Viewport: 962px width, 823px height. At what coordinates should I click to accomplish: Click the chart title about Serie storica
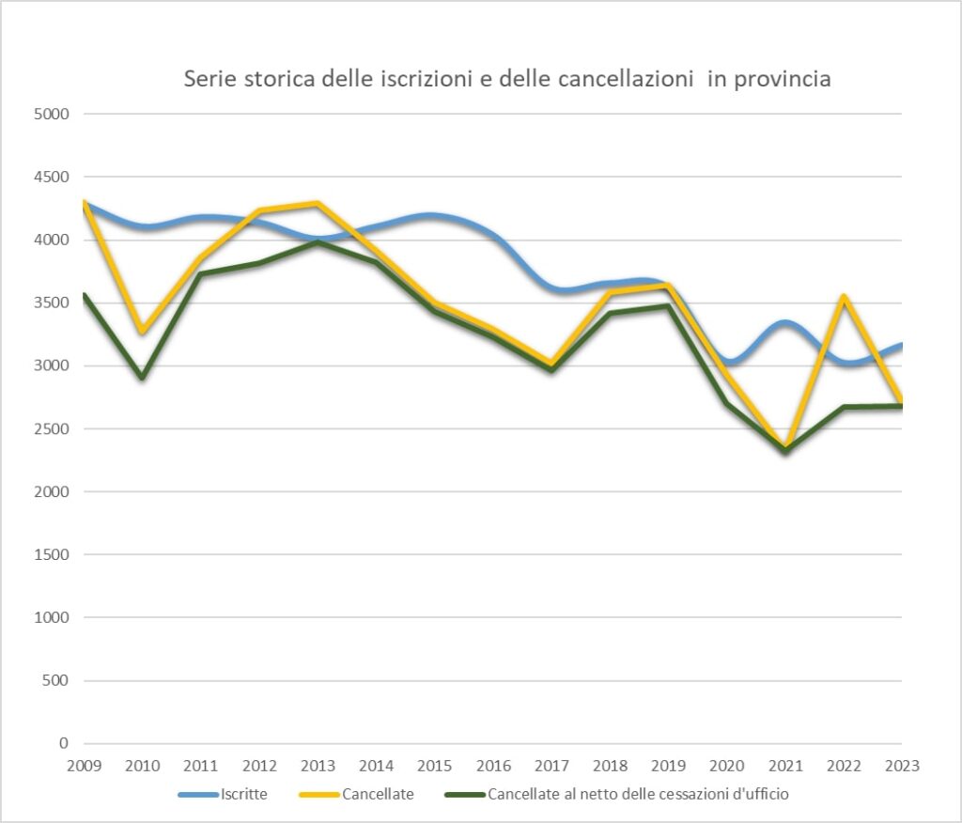pyautogui.click(x=507, y=80)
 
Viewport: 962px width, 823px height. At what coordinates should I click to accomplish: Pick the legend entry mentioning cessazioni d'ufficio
pyautogui.click(x=638, y=794)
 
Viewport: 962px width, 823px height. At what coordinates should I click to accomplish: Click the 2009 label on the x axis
pyautogui.click(x=84, y=766)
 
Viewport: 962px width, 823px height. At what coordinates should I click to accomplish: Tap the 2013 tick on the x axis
pyautogui.click(x=318, y=766)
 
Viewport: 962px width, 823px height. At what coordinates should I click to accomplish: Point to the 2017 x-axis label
pyautogui.click(x=551, y=766)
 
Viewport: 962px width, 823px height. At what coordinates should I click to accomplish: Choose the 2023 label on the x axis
pyautogui.click(x=902, y=766)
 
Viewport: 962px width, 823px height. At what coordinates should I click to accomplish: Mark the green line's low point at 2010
pyautogui.click(x=143, y=377)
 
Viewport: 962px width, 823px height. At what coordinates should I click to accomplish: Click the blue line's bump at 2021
pyautogui.click(x=785, y=323)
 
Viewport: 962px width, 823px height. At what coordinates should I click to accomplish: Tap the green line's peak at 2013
pyautogui.click(x=318, y=242)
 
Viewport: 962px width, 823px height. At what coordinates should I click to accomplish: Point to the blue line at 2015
pyautogui.click(x=435, y=215)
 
